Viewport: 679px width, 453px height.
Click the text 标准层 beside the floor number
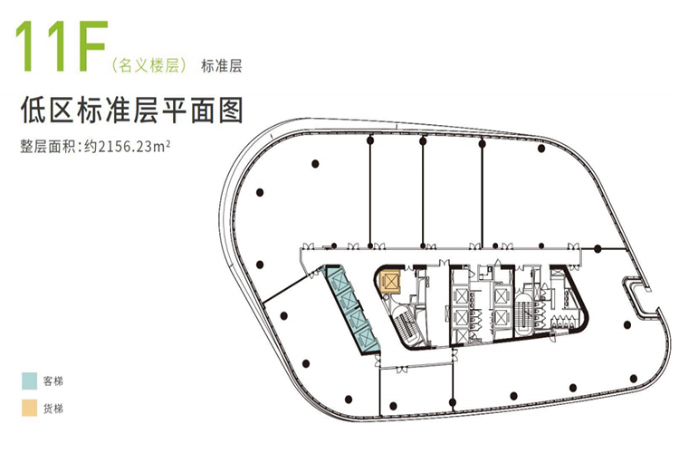click(223, 65)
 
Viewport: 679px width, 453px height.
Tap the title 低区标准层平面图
click(132, 111)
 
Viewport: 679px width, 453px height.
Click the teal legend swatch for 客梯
click(31, 380)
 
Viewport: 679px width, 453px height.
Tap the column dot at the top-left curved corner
click(260, 192)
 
